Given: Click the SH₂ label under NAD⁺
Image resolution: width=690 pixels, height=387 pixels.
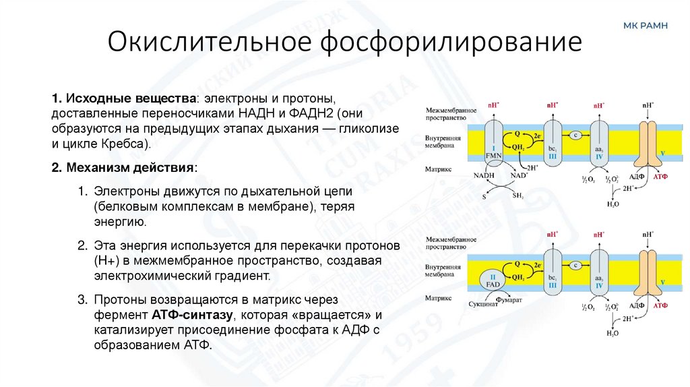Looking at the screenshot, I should (x=518, y=196).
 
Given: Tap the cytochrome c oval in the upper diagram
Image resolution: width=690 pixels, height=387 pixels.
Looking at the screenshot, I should (x=575, y=135).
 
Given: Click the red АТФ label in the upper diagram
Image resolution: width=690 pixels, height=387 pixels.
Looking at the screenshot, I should (x=662, y=174).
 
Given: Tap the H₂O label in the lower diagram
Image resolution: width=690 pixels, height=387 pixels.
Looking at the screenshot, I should (x=613, y=333).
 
